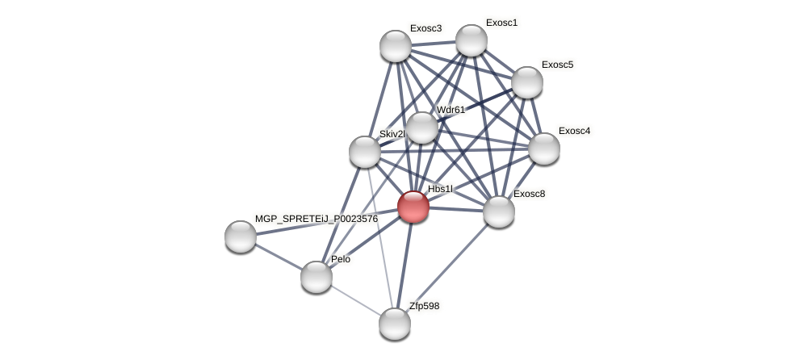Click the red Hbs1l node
pos(413,207)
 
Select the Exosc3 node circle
pos(396,46)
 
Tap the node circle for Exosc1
pos(472,40)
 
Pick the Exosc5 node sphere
pos(527,82)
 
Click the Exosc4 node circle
pos(544,149)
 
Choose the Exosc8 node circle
pos(499,211)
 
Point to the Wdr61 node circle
pos(421,128)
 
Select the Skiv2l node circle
pos(365,152)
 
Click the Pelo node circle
pos(316,277)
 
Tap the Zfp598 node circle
pos(395,324)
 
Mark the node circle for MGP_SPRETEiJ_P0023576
pos(241,237)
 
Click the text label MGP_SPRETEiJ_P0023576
pos(316,219)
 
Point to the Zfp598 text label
pos(424,306)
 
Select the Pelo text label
pos(341,259)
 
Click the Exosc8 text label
pos(529,194)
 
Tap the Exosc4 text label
pos(574,131)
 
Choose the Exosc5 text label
pos(557,65)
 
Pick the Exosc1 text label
pos(501,23)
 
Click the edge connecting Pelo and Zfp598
pos(355,300)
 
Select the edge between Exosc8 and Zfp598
pos(446,268)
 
